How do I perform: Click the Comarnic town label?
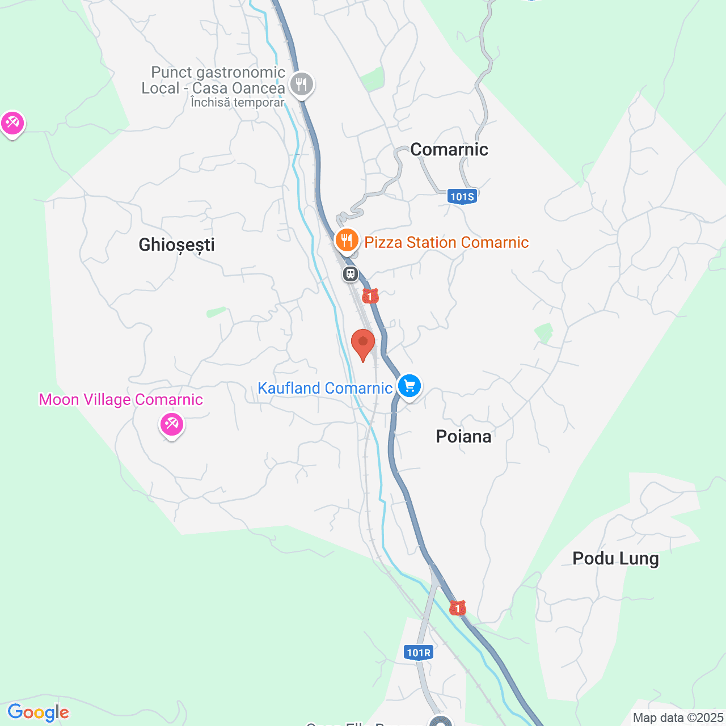(x=449, y=149)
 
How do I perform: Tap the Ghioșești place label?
(x=176, y=244)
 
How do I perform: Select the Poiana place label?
(x=463, y=436)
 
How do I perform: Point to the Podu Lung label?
(x=615, y=558)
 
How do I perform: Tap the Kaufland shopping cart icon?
(x=410, y=386)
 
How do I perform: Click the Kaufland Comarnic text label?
(x=325, y=388)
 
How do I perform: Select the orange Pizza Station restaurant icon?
(x=347, y=240)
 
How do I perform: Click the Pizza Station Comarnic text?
(x=446, y=242)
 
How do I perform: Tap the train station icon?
(x=351, y=275)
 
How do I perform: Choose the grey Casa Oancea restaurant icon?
(x=302, y=85)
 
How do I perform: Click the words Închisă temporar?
(x=237, y=103)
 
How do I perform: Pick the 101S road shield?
(x=462, y=197)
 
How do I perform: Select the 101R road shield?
(x=419, y=652)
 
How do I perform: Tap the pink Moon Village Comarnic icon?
(x=171, y=424)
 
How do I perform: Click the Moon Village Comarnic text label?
(x=121, y=399)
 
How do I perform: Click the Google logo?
(x=38, y=712)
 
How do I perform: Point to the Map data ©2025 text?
(x=678, y=717)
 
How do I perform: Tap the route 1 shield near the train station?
(x=370, y=296)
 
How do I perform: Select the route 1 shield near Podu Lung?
(x=457, y=608)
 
